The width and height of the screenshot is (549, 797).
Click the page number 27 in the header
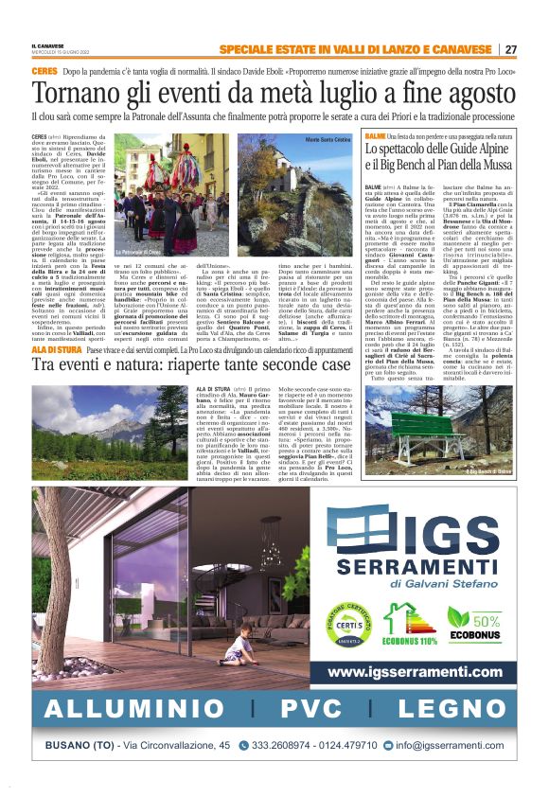pyautogui.click(x=510, y=49)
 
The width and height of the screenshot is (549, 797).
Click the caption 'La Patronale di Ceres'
pyautogui.click(x=137, y=253)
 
